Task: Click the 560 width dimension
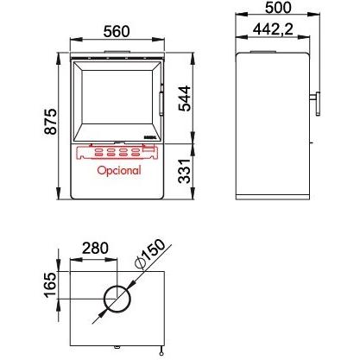click(x=117, y=31)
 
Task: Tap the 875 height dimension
click(x=51, y=122)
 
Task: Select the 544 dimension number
click(x=185, y=98)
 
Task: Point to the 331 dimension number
click(x=185, y=171)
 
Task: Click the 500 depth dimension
click(x=278, y=8)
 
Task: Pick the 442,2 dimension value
click(x=273, y=29)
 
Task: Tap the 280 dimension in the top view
click(x=95, y=249)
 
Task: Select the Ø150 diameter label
click(x=150, y=255)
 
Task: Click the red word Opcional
click(x=119, y=170)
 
